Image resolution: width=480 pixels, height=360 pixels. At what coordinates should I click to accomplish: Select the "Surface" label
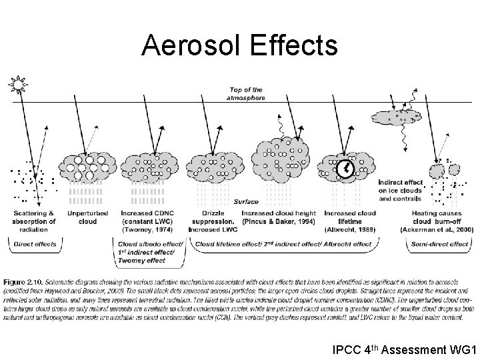tap(246, 201)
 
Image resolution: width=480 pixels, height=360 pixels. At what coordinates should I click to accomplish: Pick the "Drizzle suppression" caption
tap(212, 217)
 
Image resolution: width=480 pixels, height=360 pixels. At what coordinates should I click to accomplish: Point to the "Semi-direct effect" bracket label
tap(441, 244)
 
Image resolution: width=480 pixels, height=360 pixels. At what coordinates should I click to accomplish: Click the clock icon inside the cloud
tap(345, 171)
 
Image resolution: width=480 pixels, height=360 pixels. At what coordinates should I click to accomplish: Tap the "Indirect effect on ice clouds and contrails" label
tap(400, 190)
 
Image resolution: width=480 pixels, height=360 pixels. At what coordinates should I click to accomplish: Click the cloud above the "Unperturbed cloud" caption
tap(87, 166)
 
